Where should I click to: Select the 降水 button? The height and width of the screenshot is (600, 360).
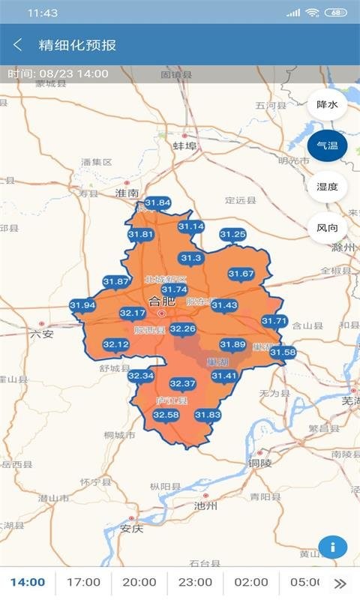click(327, 104)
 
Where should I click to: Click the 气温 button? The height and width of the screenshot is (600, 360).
click(327, 145)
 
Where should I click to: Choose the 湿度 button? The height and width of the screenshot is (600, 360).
click(327, 187)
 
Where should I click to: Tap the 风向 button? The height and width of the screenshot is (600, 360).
click(327, 227)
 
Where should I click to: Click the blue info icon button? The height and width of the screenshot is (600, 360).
click(333, 547)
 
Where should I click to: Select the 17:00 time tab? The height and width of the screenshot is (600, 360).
click(83, 582)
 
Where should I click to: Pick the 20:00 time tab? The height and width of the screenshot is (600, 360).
click(139, 582)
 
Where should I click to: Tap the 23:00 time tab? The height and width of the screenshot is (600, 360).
click(195, 582)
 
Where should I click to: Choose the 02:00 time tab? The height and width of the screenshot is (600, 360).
click(250, 582)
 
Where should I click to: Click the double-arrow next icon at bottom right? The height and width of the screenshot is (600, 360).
click(340, 583)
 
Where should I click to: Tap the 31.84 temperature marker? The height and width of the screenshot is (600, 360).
click(157, 203)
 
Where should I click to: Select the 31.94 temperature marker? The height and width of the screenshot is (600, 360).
click(82, 306)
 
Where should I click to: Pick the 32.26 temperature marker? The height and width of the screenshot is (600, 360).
click(183, 329)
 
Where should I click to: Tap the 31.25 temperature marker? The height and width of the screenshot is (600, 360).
click(232, 235)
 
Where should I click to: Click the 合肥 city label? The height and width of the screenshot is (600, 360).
click(160, 301)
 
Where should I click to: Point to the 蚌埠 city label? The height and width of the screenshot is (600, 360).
click(184, 145)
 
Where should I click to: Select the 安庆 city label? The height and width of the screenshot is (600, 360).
click(131, 528)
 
